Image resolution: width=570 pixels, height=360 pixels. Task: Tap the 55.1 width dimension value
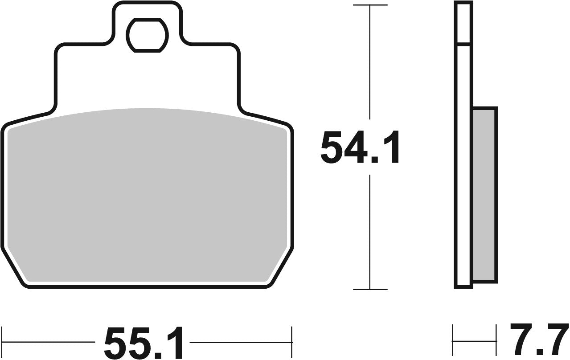click(144, 343)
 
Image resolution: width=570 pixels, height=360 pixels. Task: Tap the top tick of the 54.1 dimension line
click(370, 5)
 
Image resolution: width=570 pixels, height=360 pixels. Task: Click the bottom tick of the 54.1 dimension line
click(370, 290)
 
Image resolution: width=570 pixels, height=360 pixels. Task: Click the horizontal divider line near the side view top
click(463, 44)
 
